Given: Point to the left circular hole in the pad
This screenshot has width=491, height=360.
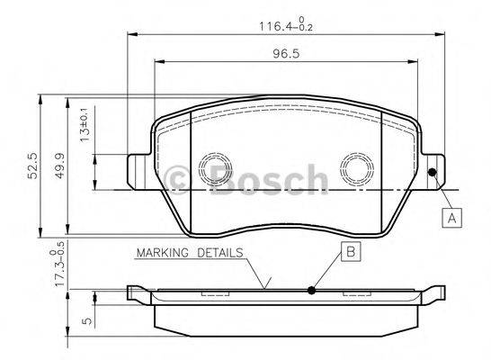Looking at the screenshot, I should pyautogui.click(x=214, y=171).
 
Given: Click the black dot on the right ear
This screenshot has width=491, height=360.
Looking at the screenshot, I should pyautogui.click(x=433, y=173).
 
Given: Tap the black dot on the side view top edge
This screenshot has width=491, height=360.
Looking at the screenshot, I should pyautogui.click(x=310, y=289).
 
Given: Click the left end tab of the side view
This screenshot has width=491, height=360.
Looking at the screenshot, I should pyautogui.click(x=134, y=291).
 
